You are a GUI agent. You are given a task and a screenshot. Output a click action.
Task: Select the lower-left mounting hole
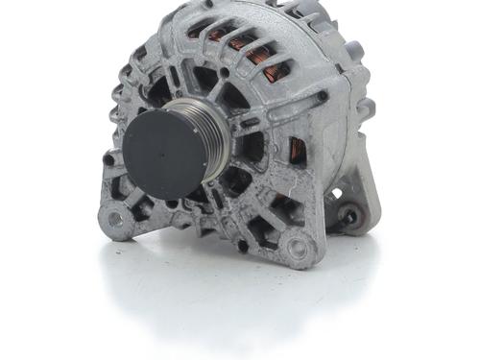[x=115, y=220]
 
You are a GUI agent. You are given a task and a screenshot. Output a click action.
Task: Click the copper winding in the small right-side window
[x=299, y=149]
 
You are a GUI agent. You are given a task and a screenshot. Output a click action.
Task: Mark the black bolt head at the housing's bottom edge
[x=242, y=246]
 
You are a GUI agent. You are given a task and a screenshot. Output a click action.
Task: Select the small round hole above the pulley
[x=223, y=72]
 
